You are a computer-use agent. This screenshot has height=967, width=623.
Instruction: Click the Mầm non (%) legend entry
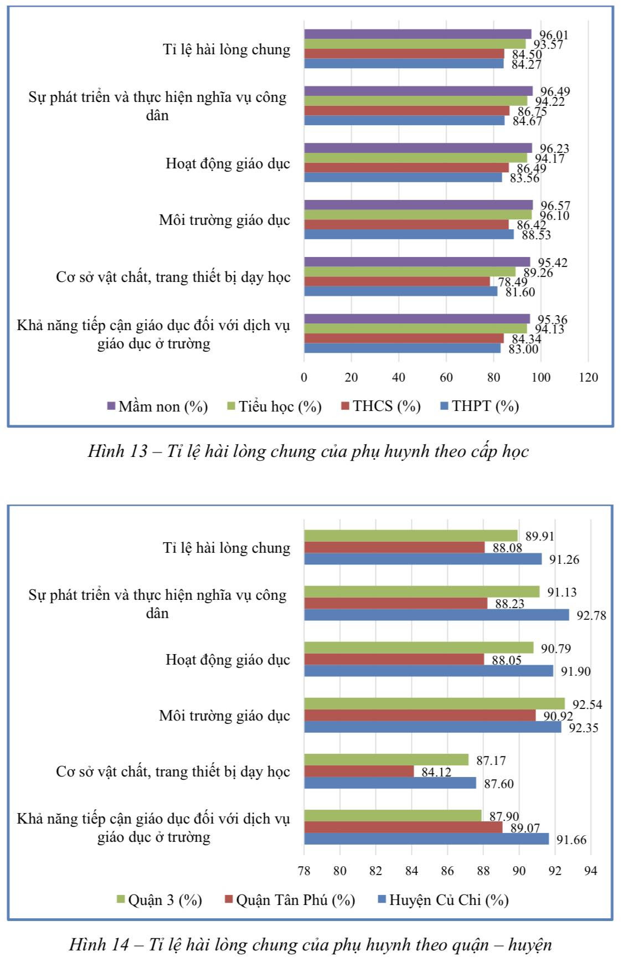click(157, 407)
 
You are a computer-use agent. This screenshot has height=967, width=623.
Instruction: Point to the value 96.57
click(555, 206)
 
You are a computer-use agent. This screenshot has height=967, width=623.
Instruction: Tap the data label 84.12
click(436, 772)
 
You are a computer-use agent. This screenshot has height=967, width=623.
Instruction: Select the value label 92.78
click(591, 615)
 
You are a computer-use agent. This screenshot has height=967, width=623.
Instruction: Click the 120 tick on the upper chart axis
click(588, 378)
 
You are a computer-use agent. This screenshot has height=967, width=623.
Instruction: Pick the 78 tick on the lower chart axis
click(304, 871)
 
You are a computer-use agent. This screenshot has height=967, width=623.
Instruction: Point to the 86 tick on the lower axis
click(447, 871)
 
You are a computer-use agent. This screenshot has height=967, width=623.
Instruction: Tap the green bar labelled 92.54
click(434, 703)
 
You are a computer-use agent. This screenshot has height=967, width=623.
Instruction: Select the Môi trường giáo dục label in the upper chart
click(224, 220)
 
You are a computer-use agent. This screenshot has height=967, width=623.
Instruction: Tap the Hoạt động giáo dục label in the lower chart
click(228, 660)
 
